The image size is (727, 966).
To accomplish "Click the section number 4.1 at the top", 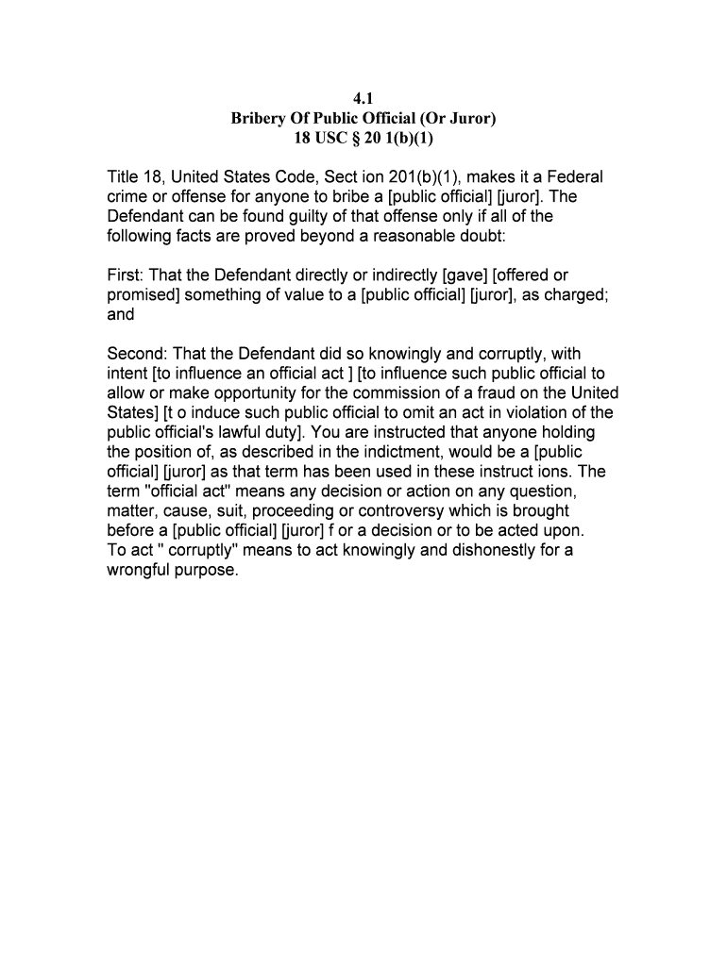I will coord(363,98).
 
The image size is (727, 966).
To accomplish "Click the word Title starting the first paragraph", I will coord(124,177).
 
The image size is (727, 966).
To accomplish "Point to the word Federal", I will coord(570,177).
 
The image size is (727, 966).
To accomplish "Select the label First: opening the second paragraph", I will coord(126,275).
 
